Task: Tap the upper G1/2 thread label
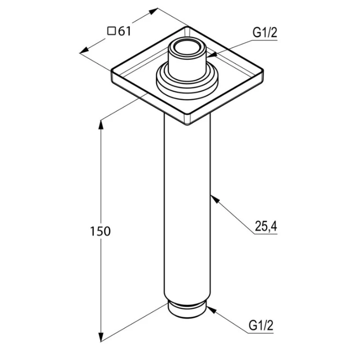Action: tap(264, 32)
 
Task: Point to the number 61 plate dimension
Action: tap(124, 31)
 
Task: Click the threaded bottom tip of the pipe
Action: tap(187, 309)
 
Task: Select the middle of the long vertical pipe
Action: tap(187, 211)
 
